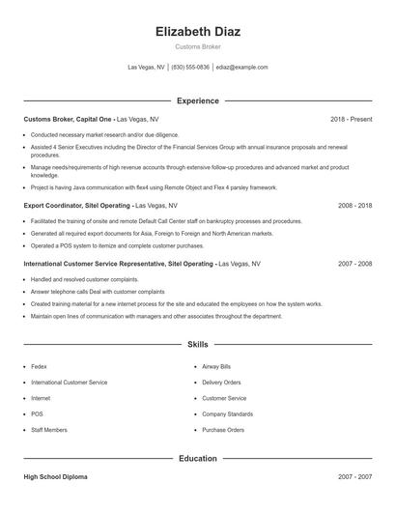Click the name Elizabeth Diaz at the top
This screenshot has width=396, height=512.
(198, 31)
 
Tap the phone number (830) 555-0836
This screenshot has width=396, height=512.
(190, 68)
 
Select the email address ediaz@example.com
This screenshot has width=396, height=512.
(241, 68)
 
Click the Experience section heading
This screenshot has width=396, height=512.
(198, 100)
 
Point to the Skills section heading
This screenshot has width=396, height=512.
(198, 344)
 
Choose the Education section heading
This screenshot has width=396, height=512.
(198, 459)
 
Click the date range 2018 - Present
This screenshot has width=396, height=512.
(351, 119)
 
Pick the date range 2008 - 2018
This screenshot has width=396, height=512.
(354, 206)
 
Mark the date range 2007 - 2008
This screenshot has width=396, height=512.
(354, 263)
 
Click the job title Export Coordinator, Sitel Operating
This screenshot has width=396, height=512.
(77, 206)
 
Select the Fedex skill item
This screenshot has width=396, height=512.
(39, 367)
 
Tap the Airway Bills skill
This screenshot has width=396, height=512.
(216, 367)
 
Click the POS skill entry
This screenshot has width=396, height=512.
(37, 413)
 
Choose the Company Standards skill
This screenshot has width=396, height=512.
(227, 413)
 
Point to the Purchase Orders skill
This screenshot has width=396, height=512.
(222, 430)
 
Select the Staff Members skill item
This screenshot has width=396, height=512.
(49, 430)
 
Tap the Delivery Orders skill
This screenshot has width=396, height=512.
(221, 383)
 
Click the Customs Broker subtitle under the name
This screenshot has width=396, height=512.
(198, 46)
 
